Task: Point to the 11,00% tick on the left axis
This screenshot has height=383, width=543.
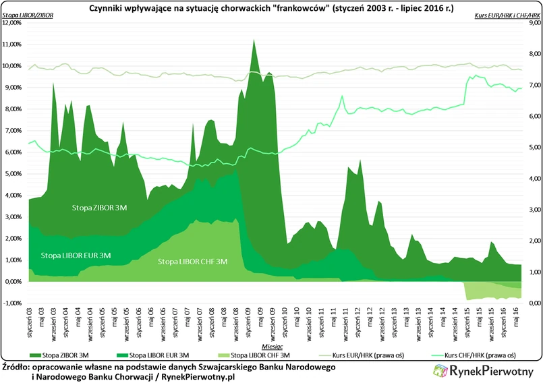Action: [x=13, y=45]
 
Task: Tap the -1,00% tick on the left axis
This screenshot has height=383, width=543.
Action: [x=13, y=303]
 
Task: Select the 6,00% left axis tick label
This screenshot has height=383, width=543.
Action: [x=13, y=152]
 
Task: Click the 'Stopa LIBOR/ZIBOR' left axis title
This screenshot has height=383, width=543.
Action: [x=26, y=14]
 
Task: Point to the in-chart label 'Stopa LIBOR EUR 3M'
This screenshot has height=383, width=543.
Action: [x=76, y=256]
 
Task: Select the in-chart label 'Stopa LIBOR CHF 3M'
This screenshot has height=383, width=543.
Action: [x=192, y=262]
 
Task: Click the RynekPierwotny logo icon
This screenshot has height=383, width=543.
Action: [x=440, y=370]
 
